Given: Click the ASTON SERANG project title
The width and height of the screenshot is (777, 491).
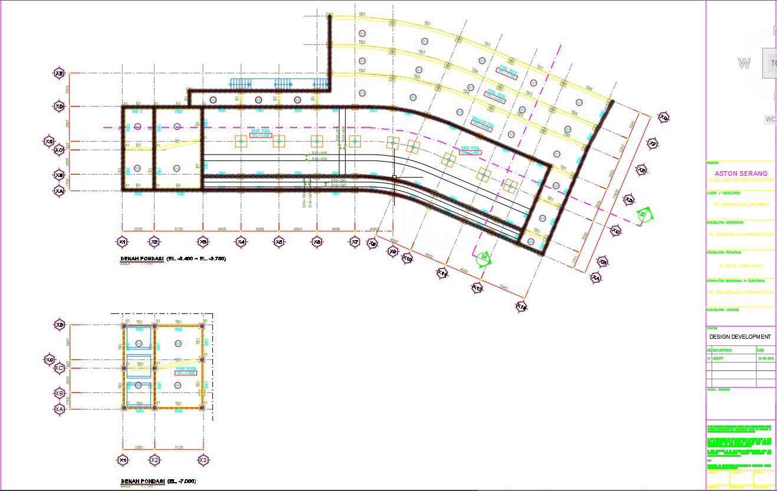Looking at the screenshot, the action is tap(741, 174).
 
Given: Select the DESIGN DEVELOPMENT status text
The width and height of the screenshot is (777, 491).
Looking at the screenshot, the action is tap(740, 336).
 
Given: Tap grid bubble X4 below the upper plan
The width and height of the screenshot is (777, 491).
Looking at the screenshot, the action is tap(241, 241).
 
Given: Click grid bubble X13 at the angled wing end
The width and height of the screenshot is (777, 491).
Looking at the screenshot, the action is tap(521, 307).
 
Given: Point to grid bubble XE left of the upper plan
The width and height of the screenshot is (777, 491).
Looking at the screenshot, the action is tap(59, 73).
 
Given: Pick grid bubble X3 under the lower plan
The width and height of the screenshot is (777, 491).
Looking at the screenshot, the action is tap(203, 460).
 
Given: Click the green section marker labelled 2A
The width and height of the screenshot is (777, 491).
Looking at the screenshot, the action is tap(644, 215).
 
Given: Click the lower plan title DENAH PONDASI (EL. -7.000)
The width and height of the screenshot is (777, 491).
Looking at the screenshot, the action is tap(158, 482).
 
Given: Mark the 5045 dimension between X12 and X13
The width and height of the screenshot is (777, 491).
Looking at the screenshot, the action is tap(503, 288).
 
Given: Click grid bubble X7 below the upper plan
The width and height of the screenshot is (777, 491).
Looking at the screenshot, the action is tap(355, 241).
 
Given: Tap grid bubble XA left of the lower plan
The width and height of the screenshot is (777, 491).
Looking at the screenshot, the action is tap(59, 409).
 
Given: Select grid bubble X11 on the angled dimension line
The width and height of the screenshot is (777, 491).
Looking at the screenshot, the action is tap(442, 273).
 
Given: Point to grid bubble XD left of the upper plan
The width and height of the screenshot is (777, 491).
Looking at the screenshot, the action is tap(59, 106).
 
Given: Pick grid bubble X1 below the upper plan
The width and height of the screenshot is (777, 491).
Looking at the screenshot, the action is tap(122, 241).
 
